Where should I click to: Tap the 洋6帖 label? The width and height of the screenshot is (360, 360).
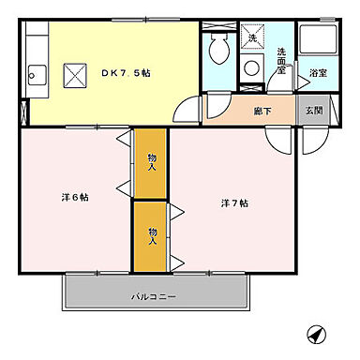(x=76, y=197)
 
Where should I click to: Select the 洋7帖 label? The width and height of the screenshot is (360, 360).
(x=234, y=202)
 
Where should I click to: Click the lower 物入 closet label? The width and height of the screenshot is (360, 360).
(x=151, y=234)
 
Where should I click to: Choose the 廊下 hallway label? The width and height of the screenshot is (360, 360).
(x=262, y=110)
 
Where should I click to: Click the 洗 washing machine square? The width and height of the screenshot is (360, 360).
(x=252, y=38)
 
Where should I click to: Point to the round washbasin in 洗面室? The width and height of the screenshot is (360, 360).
(x=252, y=67)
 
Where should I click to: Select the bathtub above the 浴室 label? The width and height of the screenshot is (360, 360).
(x=317, y=41)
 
